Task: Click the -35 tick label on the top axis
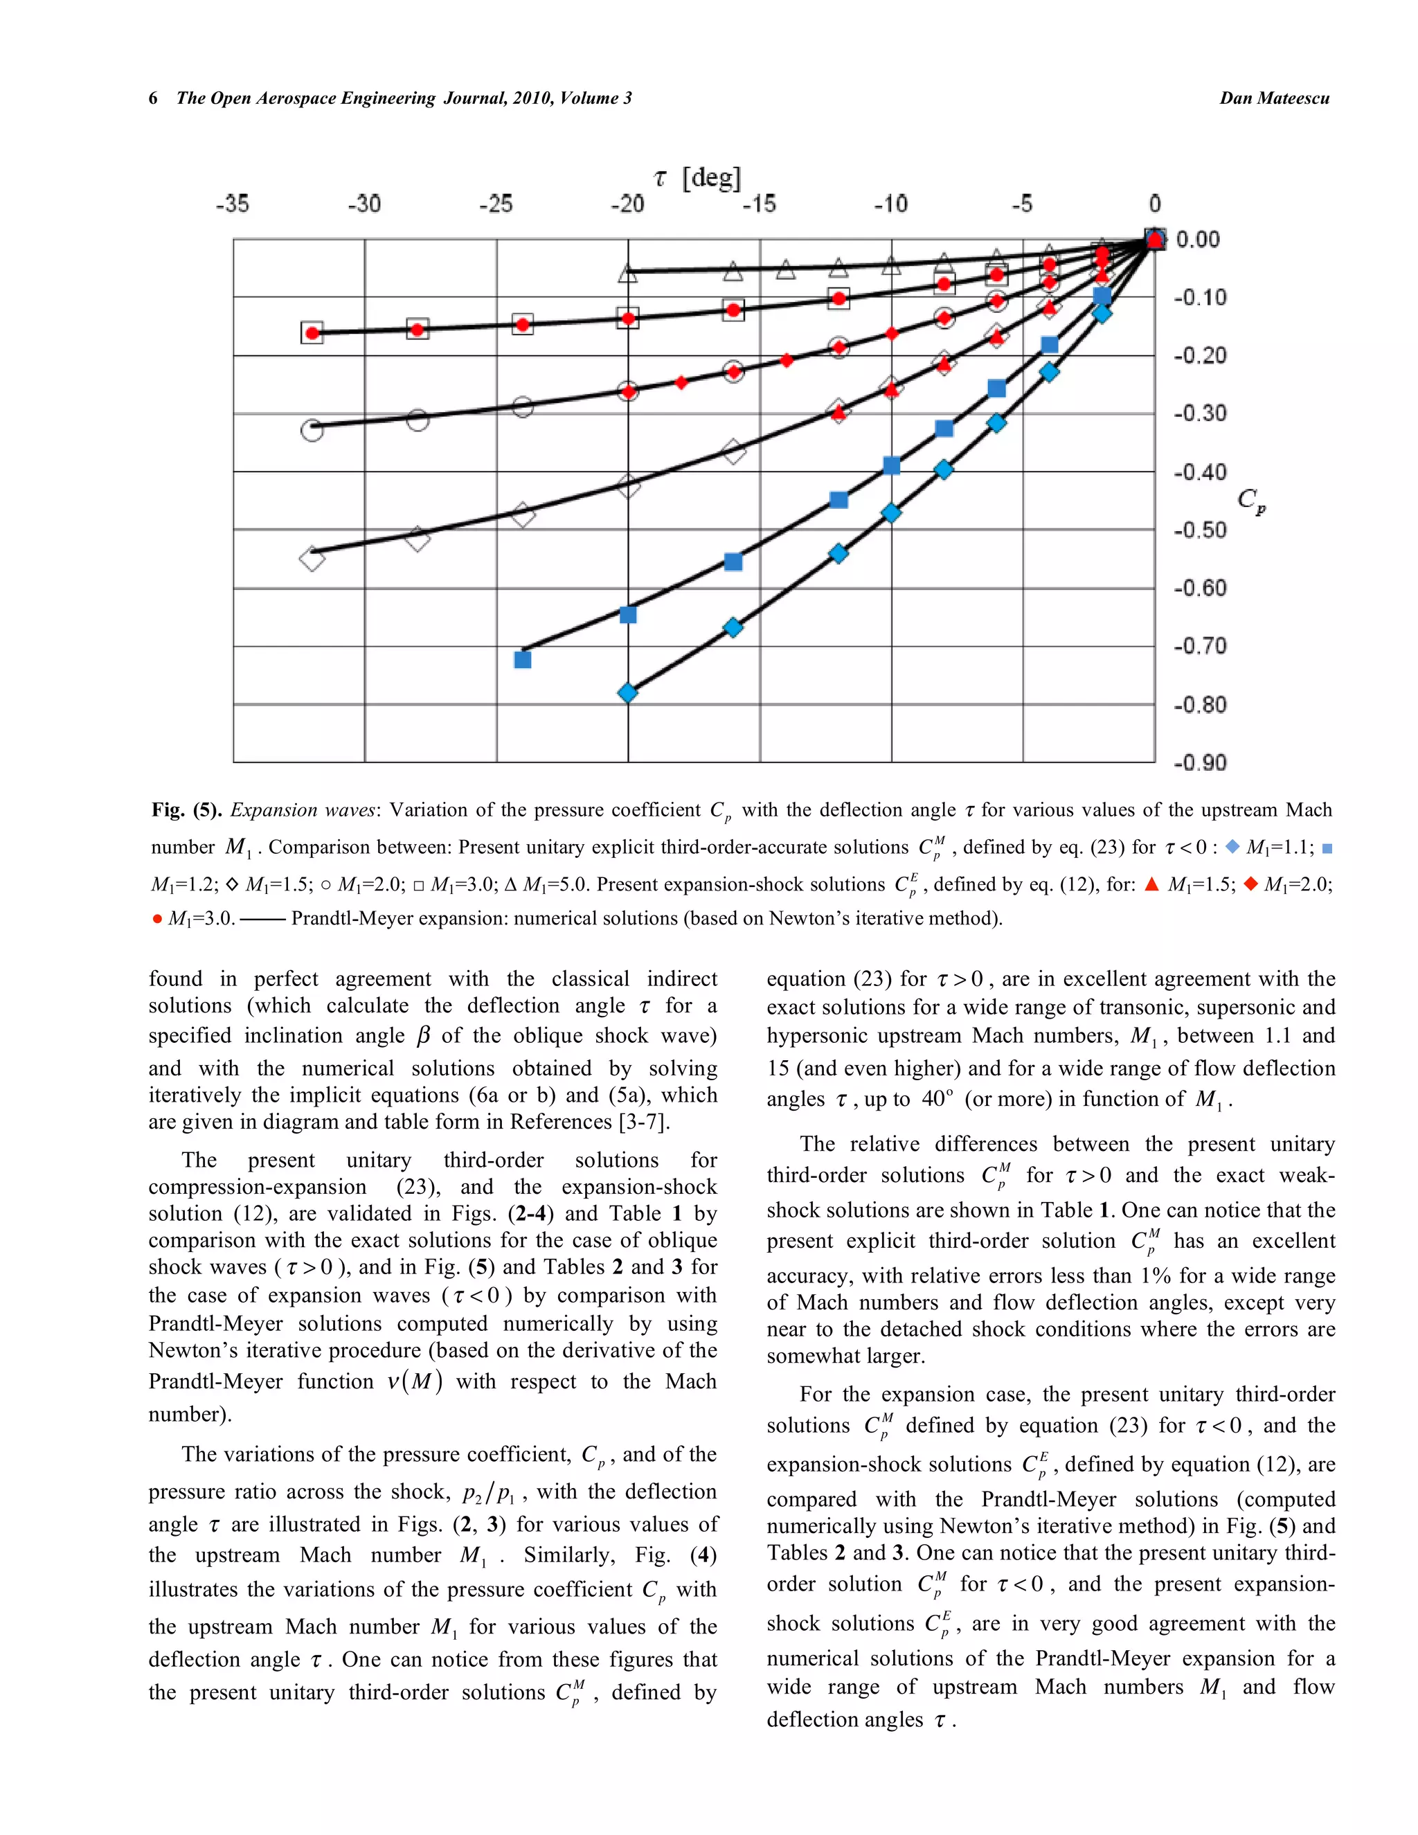click(232, 204)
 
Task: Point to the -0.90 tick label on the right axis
click(1200, 763)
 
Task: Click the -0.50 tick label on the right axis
click(1200, 530)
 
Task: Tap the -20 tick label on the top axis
click(627, 204)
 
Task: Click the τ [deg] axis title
click(697, 177)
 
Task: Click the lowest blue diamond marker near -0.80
click(627, 693)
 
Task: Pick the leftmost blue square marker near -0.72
click(523, 659)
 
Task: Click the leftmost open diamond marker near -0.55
click(312, 559)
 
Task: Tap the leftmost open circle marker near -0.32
click(312, 430)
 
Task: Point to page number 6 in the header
click(153, 98)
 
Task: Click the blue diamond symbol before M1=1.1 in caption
click(1232, 847)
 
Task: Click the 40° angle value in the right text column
click(937, 1099)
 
